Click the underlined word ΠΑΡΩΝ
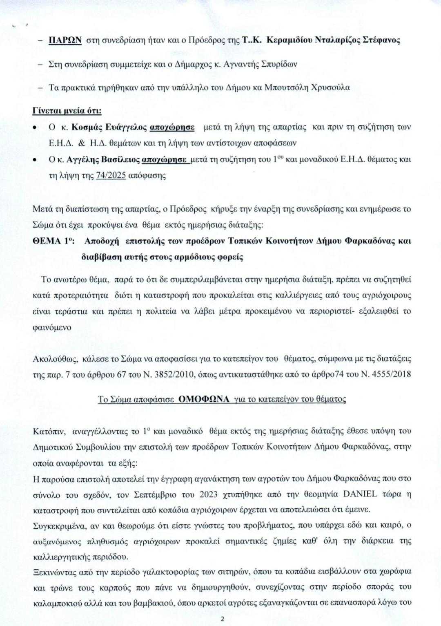click(x=66, y=40)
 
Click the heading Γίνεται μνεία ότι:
click(x=67, y=111)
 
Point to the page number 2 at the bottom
click(x=222, y=619)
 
